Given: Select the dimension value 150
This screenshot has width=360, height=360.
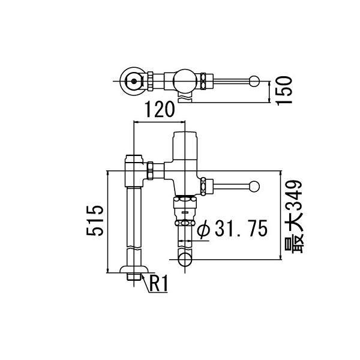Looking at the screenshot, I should pos(285,91).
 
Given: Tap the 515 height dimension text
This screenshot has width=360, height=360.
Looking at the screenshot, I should pos(95,221).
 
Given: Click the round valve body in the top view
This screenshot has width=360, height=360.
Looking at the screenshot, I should pos(184,79).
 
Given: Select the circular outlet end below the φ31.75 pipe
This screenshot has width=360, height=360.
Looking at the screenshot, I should pos(186,259).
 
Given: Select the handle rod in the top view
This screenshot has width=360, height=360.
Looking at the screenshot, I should pos(231,80).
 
